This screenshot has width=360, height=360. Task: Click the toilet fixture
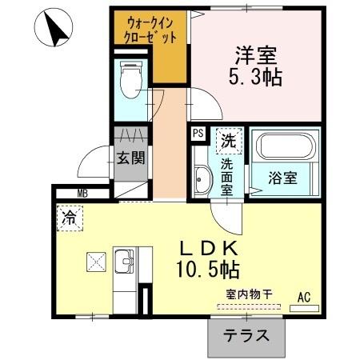pyautogui.click(x=129, y=78)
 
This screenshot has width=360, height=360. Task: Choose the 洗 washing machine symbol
pyautogui.click(x=228, y=141)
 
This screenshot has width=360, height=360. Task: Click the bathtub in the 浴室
pyautogui.click(x=285, y=147)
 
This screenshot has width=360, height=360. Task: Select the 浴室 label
pyautogui.click(x=283, y=177)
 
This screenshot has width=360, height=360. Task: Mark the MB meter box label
pyautogui.click(x=82, y=193)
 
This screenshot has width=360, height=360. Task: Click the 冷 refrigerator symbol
pyautogui.click(x=70, y=216)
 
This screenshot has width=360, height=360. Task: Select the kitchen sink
pyautogui.click(x=125, y=261)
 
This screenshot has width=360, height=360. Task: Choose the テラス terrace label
pyautogui.click(x=246, y=336)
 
